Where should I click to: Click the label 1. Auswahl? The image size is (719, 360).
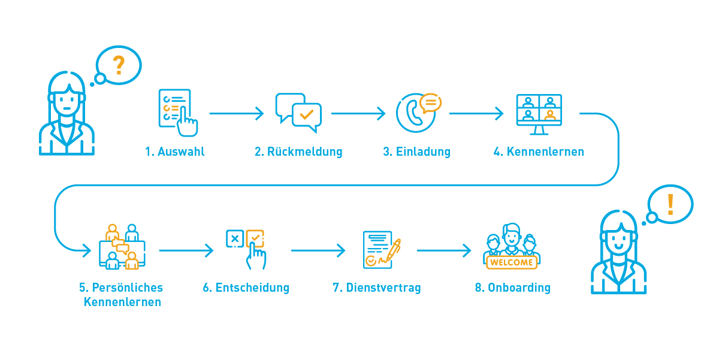point(174,152)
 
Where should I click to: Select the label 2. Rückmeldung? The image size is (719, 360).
point(298,152)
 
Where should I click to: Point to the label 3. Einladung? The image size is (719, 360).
point(416,152)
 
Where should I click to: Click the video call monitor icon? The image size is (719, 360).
point(539,111)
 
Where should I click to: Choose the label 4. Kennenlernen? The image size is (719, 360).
point(539,152)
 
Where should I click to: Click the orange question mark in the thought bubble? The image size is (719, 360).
point(119,65)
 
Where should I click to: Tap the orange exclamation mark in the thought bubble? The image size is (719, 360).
point(670,204)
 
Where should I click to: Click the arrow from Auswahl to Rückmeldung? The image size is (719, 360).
point(237,113)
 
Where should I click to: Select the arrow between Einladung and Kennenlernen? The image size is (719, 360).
point(476,113)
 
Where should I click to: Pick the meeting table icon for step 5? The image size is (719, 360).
point(122,247)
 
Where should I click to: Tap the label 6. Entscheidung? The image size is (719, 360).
point(246,288)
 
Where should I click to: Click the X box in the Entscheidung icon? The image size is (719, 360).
point(234,238)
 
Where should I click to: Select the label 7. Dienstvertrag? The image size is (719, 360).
point(376,288)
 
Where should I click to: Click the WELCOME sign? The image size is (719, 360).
point(511,262)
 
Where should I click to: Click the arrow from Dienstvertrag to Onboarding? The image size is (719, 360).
point(444,250)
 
